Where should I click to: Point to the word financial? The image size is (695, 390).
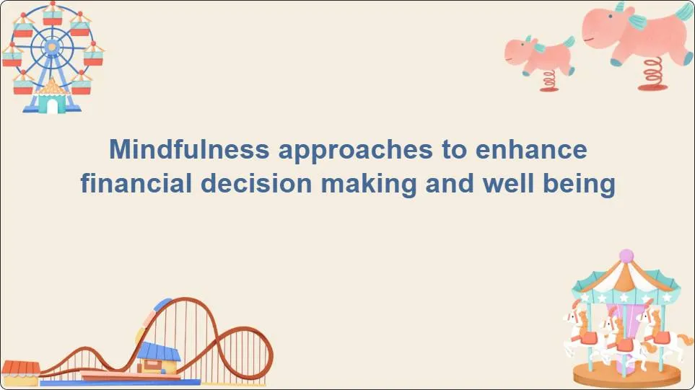point(135,184)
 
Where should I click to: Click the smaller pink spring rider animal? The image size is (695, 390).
point(540,54)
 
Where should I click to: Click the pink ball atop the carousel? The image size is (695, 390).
point(626,255)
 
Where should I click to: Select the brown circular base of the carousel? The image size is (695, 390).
point(626,373)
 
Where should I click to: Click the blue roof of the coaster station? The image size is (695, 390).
point(159,351)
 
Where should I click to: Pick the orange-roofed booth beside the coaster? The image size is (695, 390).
point(19,369)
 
